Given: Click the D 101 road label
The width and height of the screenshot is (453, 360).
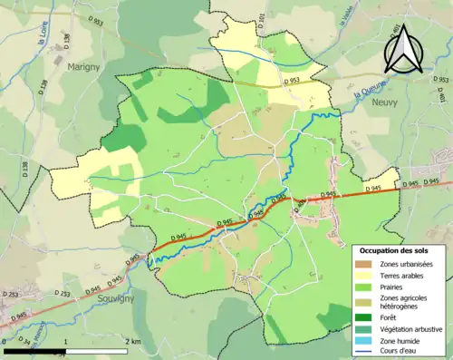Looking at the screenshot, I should (260, 20).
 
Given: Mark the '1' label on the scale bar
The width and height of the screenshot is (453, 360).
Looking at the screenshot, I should (65, 342).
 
